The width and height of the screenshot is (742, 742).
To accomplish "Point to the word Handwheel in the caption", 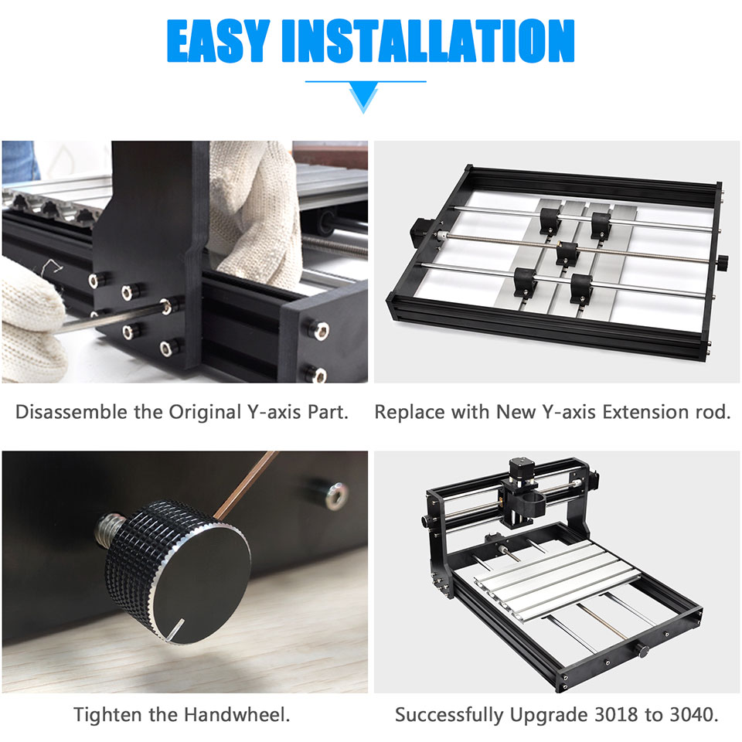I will [237, 714].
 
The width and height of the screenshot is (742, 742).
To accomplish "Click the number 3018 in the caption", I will [611, 714].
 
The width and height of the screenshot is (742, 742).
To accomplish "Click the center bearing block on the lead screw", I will [568, 253].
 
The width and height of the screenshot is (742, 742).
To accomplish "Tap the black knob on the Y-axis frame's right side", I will [724, 264].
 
